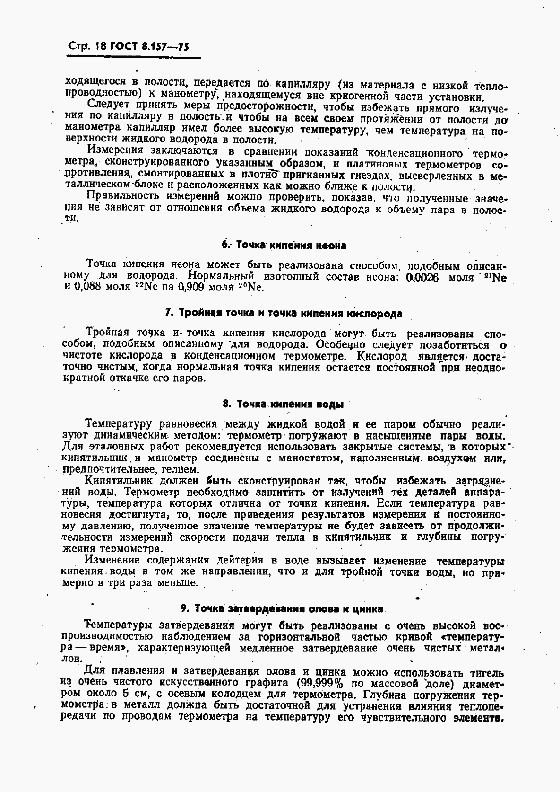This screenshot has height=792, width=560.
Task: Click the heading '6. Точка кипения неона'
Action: coord(284,245)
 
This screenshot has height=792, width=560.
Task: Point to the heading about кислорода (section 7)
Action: coord(284,313)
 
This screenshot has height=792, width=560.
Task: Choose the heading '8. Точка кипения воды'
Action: coord(283,404)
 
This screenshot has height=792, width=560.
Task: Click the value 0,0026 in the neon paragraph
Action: coord(422,277)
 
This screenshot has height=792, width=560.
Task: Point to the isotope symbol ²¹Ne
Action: coord(494,277)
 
